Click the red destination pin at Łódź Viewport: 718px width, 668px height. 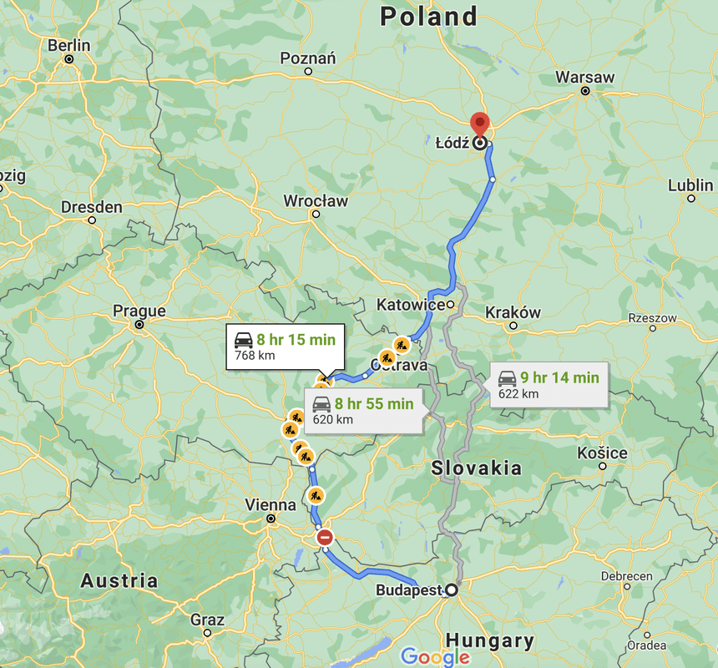coord(479,124)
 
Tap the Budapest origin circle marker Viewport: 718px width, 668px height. coord(452,590)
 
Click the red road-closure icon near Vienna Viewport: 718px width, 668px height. coord(325,538)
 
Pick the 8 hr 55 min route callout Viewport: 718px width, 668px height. coord(363,411)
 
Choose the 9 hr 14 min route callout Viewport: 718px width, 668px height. coord(549,385)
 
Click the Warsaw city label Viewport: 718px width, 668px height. coord(585,78)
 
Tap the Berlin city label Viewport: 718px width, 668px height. coord(69,46)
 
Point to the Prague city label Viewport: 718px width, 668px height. coord(139,311)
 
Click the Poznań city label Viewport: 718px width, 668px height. coord(308,58)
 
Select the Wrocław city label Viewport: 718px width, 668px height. coord(316,201)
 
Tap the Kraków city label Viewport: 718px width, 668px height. coord(513,312)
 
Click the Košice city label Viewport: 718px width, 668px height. coord(602,453)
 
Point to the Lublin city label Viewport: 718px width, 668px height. coord(690,185)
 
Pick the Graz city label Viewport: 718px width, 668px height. coord(207,620)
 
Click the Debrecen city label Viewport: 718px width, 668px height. coord(626,576)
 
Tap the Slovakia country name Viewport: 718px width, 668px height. coord(477,468)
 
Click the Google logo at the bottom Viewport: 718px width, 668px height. coord(434,657)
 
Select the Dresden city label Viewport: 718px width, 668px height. coord(92,207)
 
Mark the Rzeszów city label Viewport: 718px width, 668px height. coord(653,318)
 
